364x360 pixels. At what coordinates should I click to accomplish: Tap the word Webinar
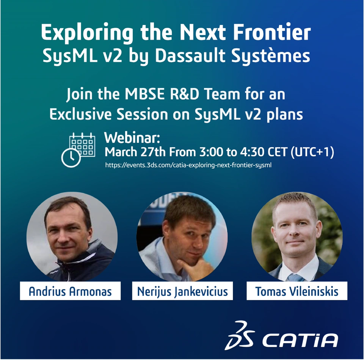click(132, 138)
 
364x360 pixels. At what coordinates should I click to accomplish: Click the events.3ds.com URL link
click(188, 165)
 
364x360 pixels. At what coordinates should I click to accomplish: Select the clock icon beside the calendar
click(71, 157)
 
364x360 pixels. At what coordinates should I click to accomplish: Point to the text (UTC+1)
click(312, 152)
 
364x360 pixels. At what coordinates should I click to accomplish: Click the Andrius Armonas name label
click(71, 291)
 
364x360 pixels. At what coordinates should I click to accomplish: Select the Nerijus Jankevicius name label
click(182, 291)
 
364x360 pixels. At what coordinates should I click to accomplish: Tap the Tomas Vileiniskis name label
click(297, 291)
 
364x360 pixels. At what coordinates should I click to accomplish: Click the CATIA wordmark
click(300, 341)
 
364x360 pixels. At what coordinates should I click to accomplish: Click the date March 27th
click(135, 152)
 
